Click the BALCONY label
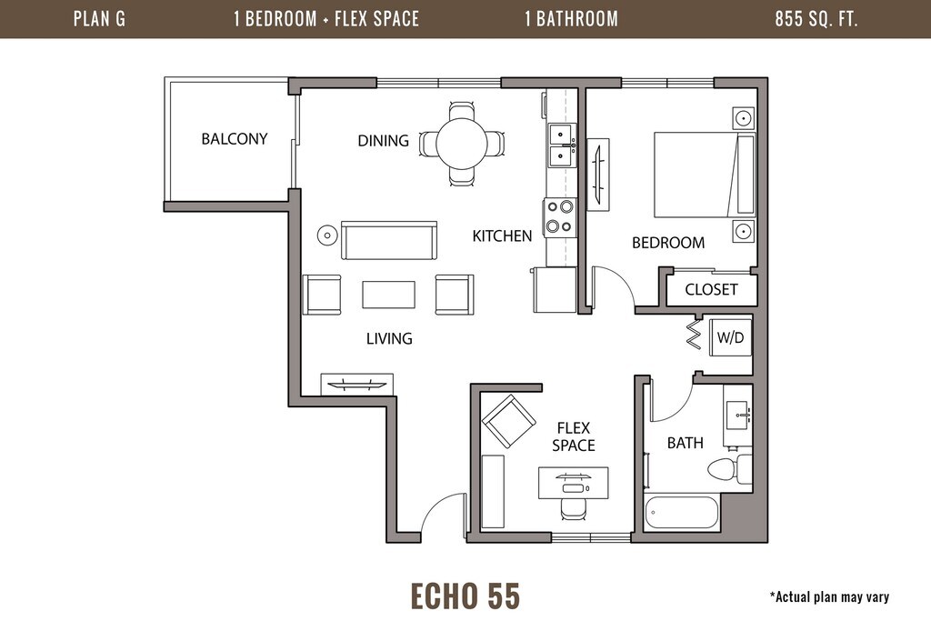click(x=234, y=139)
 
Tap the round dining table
click(x=461, y=143)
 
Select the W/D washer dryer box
click(x=730, y=337)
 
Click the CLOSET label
click(x=711, y=290)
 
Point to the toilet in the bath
click(x=730, y=469)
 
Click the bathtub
click(x=682, y=512)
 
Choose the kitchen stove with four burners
click(x=559, y=216)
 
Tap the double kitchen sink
click(x=561, y=145)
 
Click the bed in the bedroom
click(x=705, y=175)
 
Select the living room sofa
click(x=389, y=240)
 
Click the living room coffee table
click(x=388, y=295)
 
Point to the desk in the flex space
click(x=573, y=483)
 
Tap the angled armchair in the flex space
click(x=508, y=421)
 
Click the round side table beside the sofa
click(x=327, y=235)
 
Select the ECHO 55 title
click(x=465, y=596)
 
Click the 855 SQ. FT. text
click(x=816, y=19)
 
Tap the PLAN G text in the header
click(x=99, y=19)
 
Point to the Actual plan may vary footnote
click(x=829, y=596)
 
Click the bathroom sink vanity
click(x=738, y=415)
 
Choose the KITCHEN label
click(x=502, y=236)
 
